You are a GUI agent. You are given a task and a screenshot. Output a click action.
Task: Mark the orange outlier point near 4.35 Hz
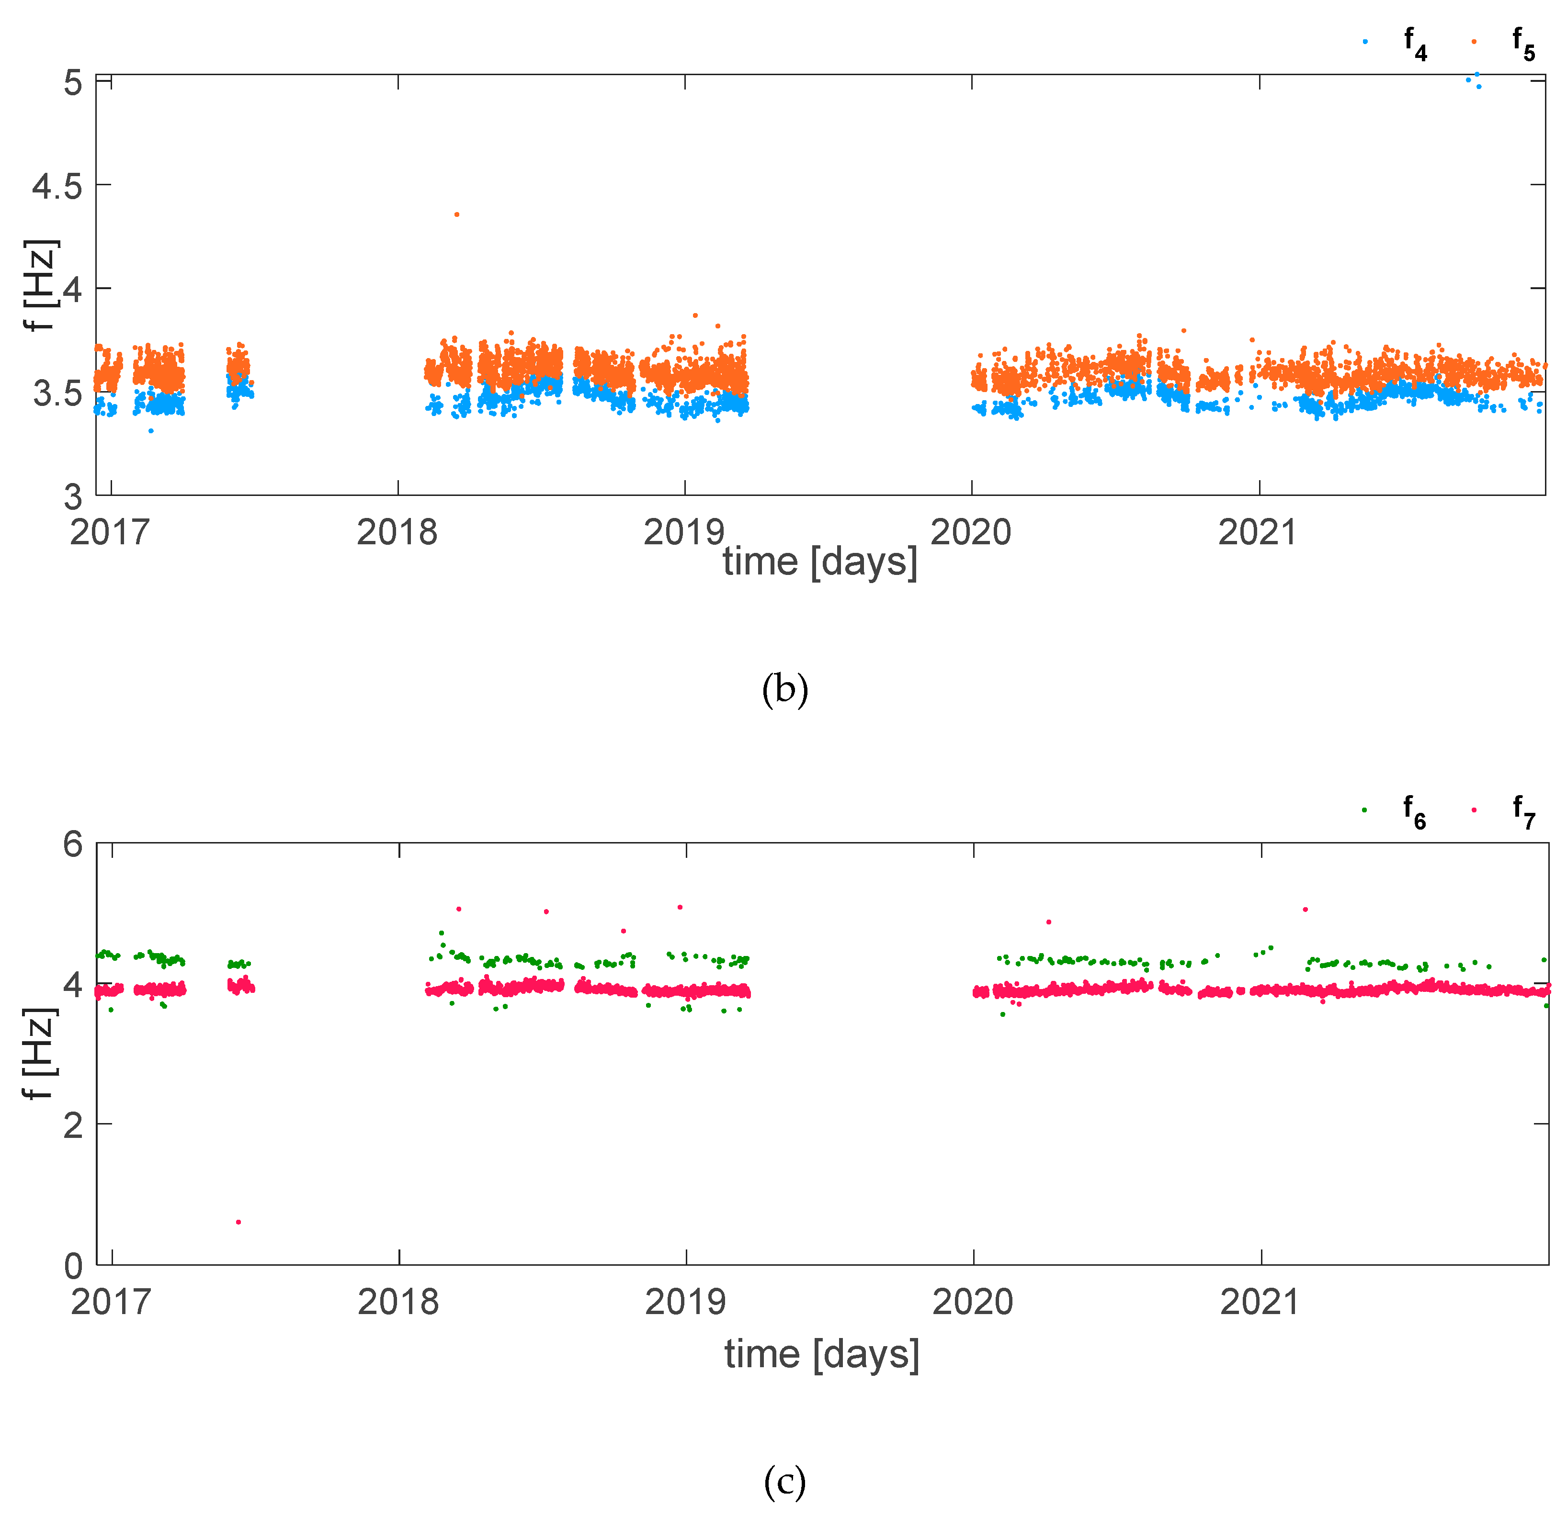pyautogui.click(x=456, y=214)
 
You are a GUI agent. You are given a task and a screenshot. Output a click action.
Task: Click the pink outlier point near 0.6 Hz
pyautogui.click(x=238, y=1222)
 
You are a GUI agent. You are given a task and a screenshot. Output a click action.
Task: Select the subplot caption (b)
pyautogui.click(x=784, y=689)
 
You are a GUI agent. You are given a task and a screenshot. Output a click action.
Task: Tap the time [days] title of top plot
pyautogui.click(x=819, y=562)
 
